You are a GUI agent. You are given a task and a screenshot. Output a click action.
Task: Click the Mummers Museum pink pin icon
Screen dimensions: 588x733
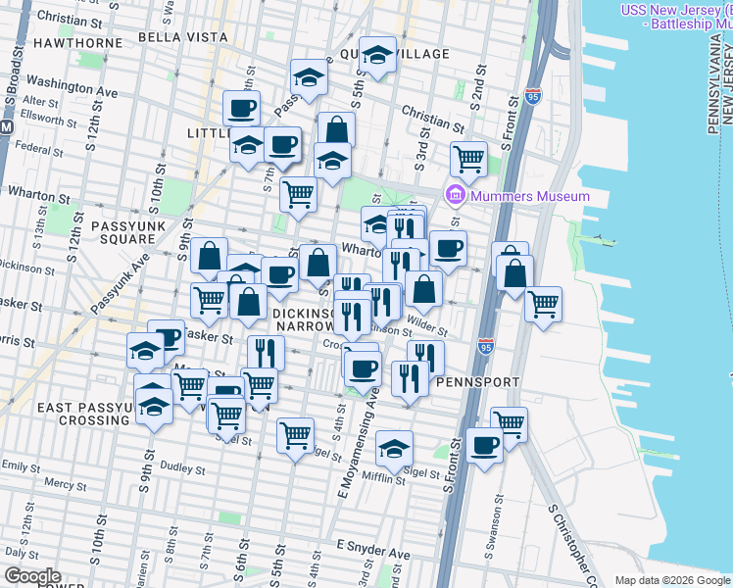[x=455, y=196]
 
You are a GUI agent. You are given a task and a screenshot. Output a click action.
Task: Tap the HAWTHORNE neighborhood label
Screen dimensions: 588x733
[x=76, y=43]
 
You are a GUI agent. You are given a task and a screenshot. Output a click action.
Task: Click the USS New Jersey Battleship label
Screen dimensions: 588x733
[x=675, y=18]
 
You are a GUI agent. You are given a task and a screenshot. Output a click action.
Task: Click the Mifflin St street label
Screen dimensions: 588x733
[x=386, y=479]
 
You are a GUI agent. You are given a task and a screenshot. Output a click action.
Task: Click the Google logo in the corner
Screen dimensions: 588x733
[x=31, y=576]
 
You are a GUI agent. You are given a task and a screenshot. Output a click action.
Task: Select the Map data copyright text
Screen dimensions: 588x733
[x=673, y=580]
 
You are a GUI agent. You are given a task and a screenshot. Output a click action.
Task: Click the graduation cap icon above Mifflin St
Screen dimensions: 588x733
[x=394, y=448]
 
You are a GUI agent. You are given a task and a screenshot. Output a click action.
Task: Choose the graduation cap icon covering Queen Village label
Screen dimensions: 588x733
[x=376, y=55]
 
